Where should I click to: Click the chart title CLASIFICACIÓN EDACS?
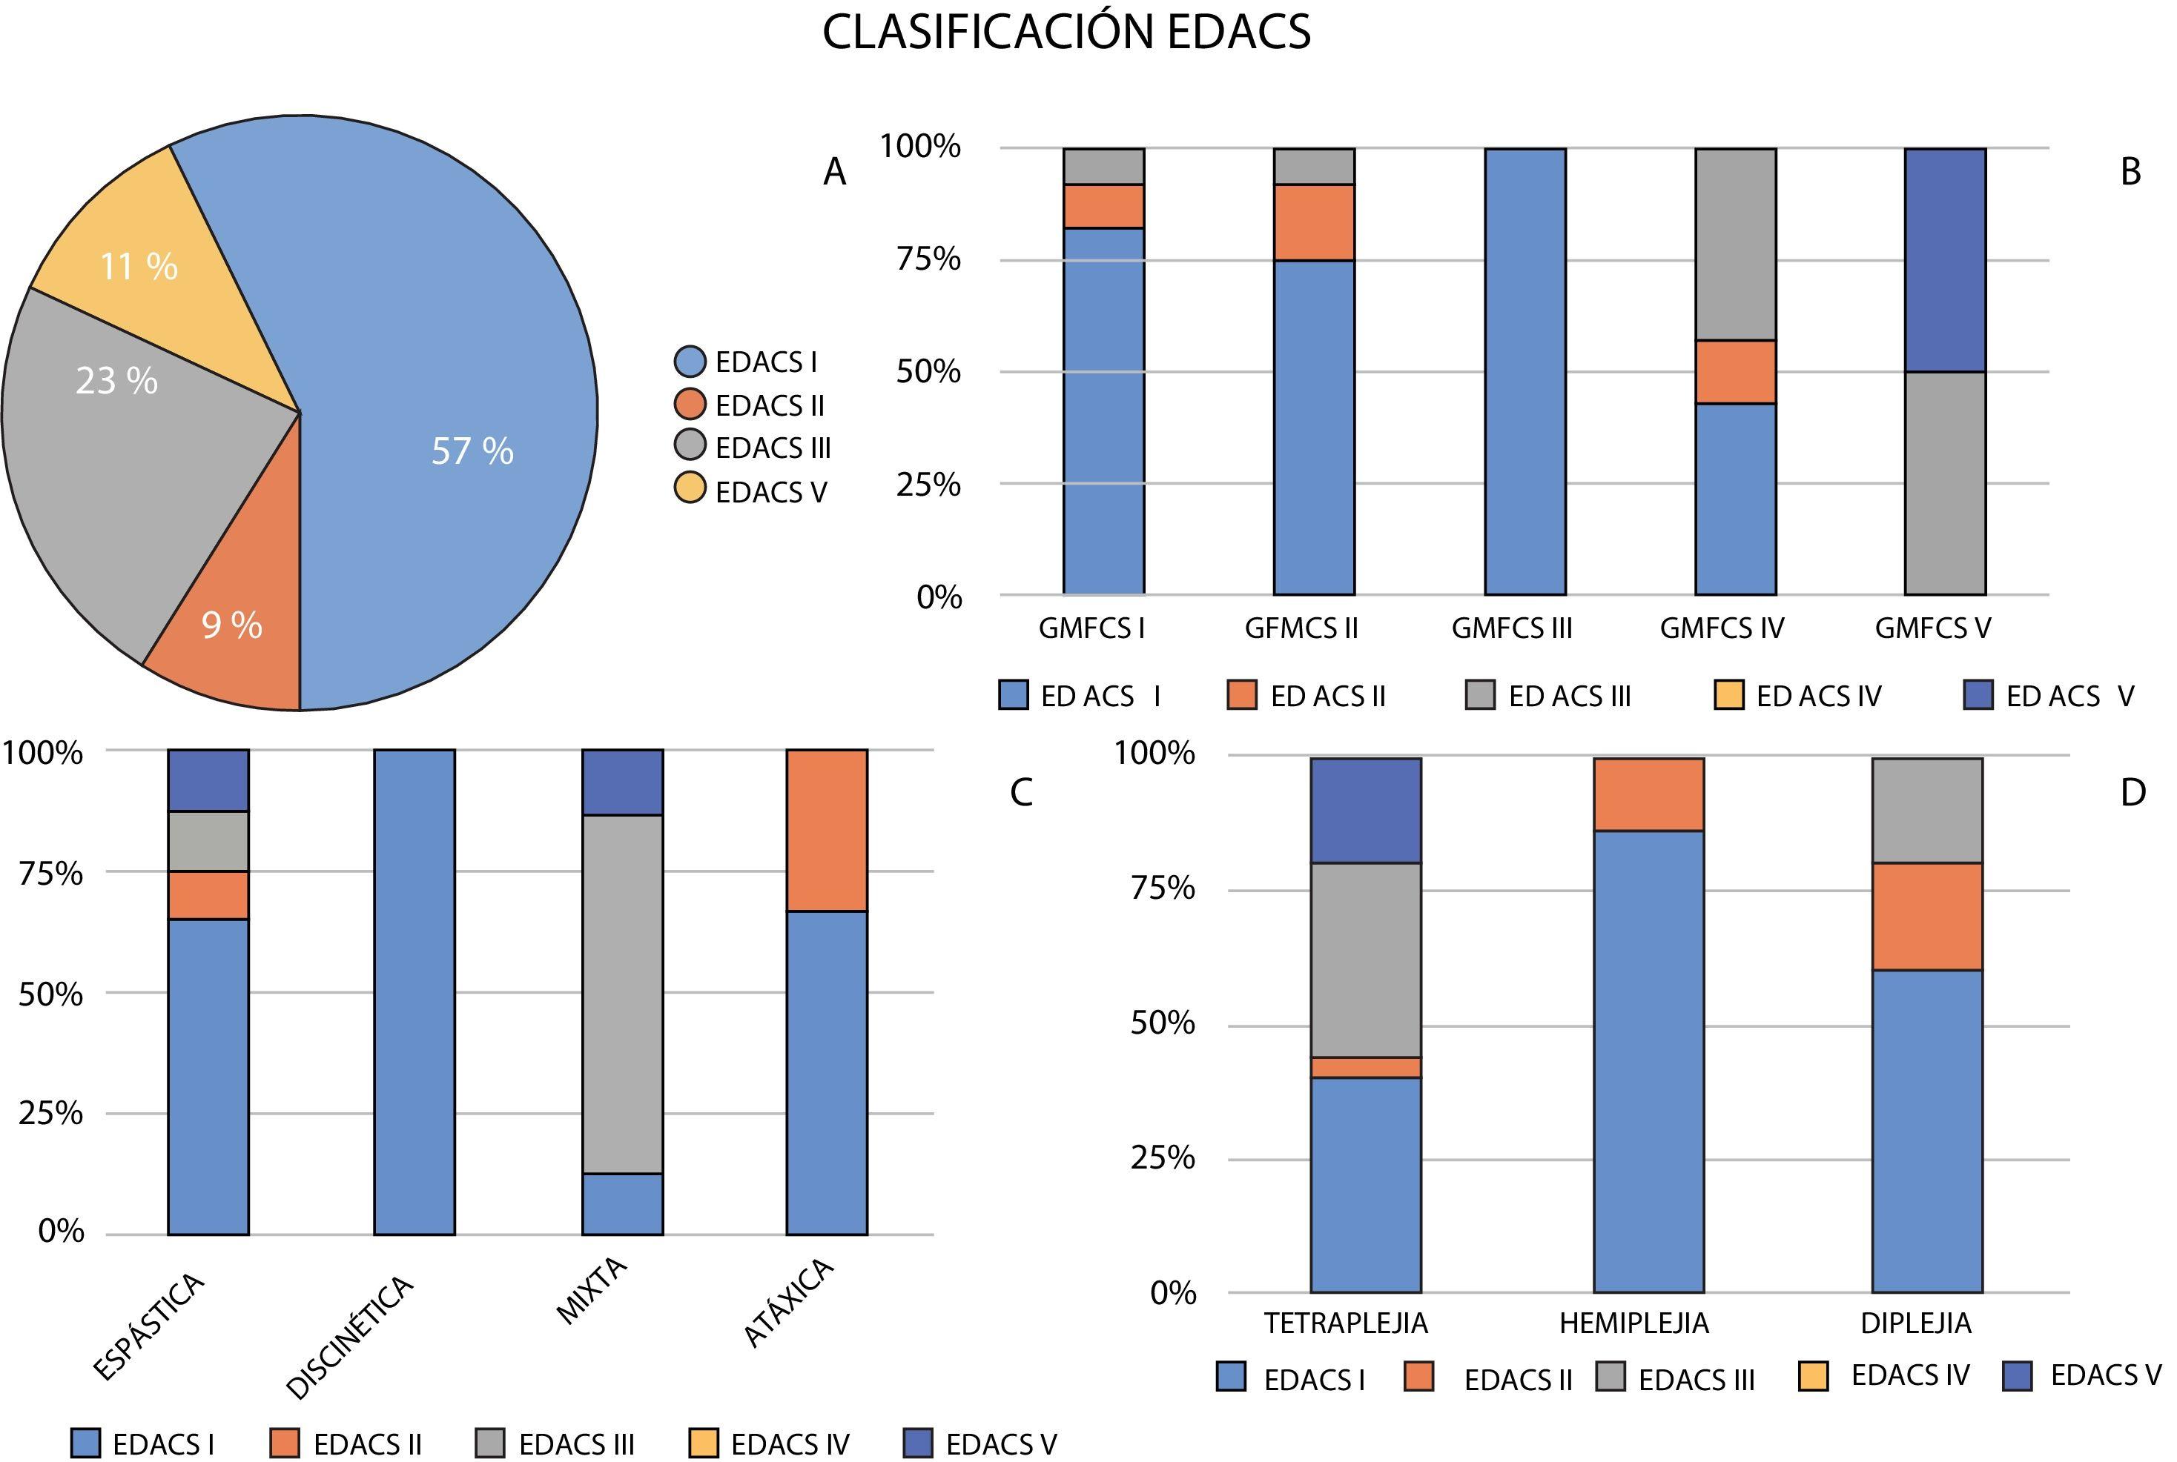(x=1066, y=33)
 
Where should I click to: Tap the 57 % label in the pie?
(x=472, y=451)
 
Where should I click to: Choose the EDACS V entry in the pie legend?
(x=751, y=491)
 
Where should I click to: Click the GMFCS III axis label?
(x=1511, y=628)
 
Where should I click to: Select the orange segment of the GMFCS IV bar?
(x=1735, y=371)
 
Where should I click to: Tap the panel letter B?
(x=2130, y=173)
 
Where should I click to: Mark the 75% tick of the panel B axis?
(x=928, y=259)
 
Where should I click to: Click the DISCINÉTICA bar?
(x=414, y=991)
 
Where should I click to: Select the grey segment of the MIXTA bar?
(x=622, y=993)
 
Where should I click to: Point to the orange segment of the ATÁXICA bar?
(x=827, y=830)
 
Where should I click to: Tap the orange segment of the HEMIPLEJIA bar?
(x=1648, y=794)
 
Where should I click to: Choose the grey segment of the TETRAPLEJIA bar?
(x=1366, y=960)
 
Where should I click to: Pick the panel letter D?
(x=2133, y=793)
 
